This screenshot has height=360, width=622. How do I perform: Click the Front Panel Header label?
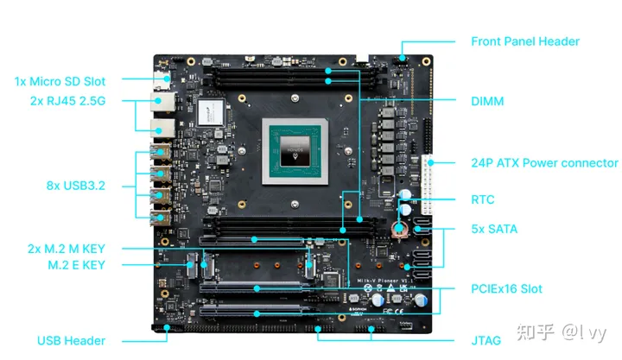pos(525,41)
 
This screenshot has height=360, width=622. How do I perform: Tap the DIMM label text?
pos(487,101)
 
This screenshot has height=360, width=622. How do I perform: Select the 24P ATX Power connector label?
pos(544,162)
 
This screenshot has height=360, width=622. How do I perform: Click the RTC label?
pos(482,199)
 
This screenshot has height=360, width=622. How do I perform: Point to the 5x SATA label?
pos(494,229)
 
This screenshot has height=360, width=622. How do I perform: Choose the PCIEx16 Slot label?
pos(506,288)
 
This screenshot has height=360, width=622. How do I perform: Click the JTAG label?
pos(486,340)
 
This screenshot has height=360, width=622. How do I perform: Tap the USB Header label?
pos(72,340)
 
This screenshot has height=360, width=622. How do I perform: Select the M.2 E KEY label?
pos(77,265)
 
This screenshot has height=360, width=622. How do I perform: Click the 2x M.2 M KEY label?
pos(67,249)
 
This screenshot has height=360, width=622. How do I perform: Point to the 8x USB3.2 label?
pos(76,185)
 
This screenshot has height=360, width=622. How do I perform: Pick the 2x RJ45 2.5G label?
pos(68,101)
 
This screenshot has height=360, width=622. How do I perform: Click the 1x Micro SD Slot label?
pos(60,81)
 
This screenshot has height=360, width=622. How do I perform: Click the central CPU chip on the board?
pos(295,151)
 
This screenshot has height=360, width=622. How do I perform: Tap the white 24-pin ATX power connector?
pos(428,185)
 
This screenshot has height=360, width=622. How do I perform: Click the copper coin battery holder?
pos(400,230)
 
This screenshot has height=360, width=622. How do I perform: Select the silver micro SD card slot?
pos(162,81)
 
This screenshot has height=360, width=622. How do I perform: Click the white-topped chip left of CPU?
pos(211,112)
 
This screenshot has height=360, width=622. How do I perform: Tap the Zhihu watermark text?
pos(562,332)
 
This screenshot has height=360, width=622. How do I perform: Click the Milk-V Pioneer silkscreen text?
pos(385,281)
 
